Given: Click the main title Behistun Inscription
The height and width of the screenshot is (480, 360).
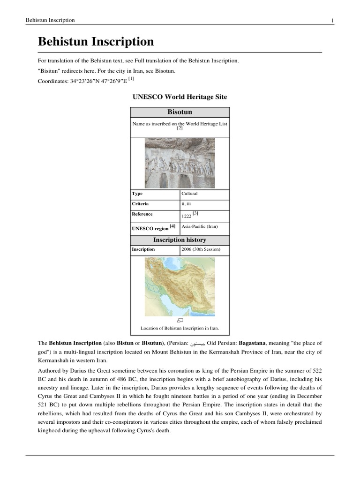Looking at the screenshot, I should tap(96, 42).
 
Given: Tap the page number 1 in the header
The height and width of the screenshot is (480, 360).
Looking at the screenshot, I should tap(332, 20).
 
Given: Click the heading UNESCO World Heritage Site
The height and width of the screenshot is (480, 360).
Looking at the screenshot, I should tap(180, 97).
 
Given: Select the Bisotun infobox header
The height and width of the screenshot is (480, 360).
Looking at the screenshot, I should tap(180, 112).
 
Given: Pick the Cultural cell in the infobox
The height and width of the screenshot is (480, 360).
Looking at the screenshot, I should tap(190, 194).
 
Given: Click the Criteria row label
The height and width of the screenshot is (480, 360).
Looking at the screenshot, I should tap(141, 204).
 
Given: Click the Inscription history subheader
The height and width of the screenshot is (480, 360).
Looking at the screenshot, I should tap(180, 240).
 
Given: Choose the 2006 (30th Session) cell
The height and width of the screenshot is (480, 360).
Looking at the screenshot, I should tap(201, 249).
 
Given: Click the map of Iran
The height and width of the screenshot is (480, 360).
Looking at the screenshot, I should tap(180, 286).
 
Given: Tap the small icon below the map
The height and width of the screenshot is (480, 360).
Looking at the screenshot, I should tap(180, 320).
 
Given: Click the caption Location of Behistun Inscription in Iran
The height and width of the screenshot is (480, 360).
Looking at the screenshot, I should tap(180, 328).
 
